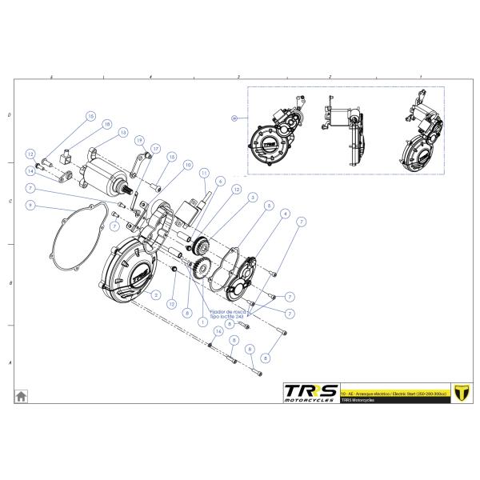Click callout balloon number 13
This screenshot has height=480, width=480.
tap(123, 133)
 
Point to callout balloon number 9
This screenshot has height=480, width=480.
tap(30, 206)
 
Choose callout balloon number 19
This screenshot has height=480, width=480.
tap(139, 142)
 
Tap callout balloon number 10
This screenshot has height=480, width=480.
tap(188, 166)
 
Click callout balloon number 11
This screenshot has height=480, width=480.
tap(204, 173)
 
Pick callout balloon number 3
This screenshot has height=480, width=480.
tap(252, 196)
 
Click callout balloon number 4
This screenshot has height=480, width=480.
tap(285, 214)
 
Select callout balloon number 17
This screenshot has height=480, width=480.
tap(156, 149)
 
